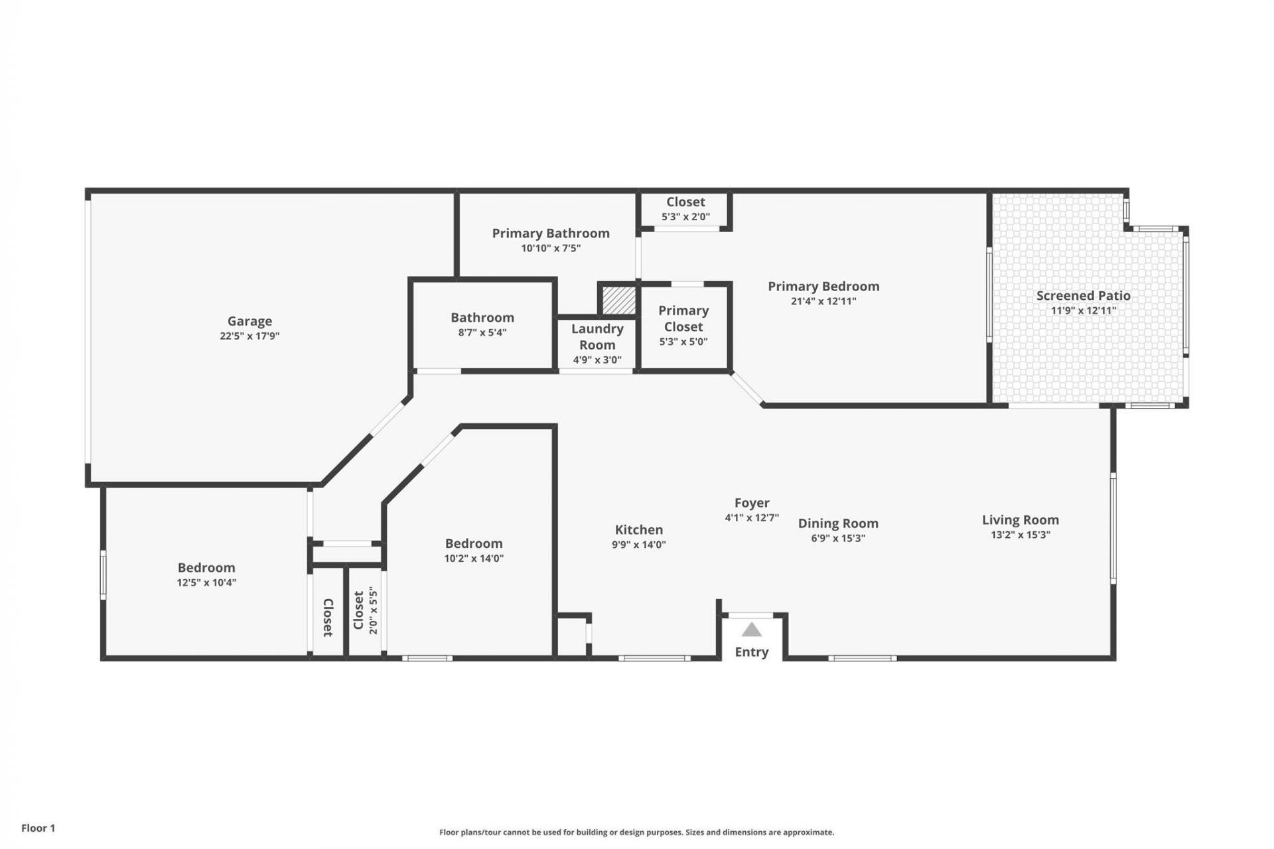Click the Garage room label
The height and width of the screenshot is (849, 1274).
[x=249, y=321]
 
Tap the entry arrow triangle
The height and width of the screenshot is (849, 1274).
[x=751, y=629]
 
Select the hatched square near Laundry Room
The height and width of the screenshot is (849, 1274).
[x=618, y=300]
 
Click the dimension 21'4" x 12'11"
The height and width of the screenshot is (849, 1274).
[x=823, y=301]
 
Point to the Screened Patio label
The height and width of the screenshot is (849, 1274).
[x=1083, y=296]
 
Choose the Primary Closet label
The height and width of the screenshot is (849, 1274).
[x=683, y=318]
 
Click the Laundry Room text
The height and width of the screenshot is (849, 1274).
[x=597, y=336]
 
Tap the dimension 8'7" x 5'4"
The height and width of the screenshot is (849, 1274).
[x=482, y=332]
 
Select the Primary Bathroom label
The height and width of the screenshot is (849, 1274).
[x=551, y=233]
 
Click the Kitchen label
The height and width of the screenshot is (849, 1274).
[x=638, y=529]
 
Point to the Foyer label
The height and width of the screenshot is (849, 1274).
[x=752, y=503]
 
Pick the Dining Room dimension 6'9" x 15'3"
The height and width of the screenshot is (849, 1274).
[x=838, y=538]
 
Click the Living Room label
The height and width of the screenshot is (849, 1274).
[x=1020, y=520]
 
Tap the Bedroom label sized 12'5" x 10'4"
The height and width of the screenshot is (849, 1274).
[x=206, y=568]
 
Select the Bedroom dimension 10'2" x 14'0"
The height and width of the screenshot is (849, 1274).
[x=474, y=558]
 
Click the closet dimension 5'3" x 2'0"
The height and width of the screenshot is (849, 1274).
[x=685, y=216]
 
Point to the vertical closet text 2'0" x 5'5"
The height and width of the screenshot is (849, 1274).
[x=373, y=610]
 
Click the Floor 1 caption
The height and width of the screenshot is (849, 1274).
[x=38, y=828]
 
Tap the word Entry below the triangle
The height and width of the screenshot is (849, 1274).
[x=751, y=652]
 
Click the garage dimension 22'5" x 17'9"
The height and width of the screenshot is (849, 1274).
[x=249, y=336]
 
